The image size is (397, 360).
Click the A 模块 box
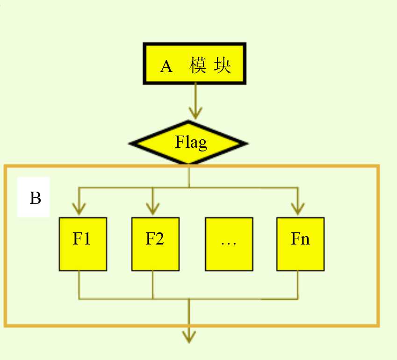click(195, 64)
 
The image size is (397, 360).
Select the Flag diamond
click(188, 143)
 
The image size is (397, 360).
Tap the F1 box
click(82, 244)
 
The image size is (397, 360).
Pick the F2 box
click(155, 244)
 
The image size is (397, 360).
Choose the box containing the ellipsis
click(229, 244)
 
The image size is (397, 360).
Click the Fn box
click(300, 244)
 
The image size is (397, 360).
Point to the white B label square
click(34, 197)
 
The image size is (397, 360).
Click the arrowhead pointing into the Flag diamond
click(195, 113)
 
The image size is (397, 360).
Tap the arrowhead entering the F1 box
click(79, 208)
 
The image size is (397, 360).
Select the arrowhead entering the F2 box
click(151, 208)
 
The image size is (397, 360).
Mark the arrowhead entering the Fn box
click(297, 208)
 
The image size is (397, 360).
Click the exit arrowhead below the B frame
click(189, 336)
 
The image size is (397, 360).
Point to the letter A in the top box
click(166, 66)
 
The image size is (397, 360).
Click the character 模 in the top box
click(198, 66)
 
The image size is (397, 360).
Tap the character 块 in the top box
click(222, 66)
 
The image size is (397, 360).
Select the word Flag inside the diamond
click(191, 142)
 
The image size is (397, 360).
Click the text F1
click(82, 239)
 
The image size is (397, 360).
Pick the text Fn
click(300, 239)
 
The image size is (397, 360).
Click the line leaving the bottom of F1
click(79, 284)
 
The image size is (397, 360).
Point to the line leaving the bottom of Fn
click(298, 284)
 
